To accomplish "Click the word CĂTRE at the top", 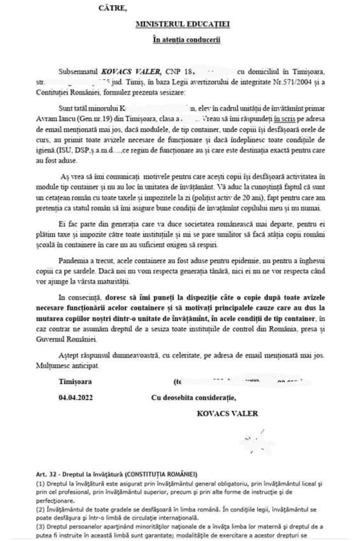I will [x=113, y=9].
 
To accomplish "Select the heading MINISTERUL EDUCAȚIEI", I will [x=183, y=24].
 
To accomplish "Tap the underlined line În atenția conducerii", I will [x=187, y=40].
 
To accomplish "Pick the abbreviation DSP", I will [x=82, y=150].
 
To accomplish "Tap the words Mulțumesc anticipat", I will [x=68, y=366].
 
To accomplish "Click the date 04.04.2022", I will [x=76, y=398].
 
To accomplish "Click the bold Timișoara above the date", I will [x=75, y=382].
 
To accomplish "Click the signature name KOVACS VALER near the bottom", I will [x=227, y=414].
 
